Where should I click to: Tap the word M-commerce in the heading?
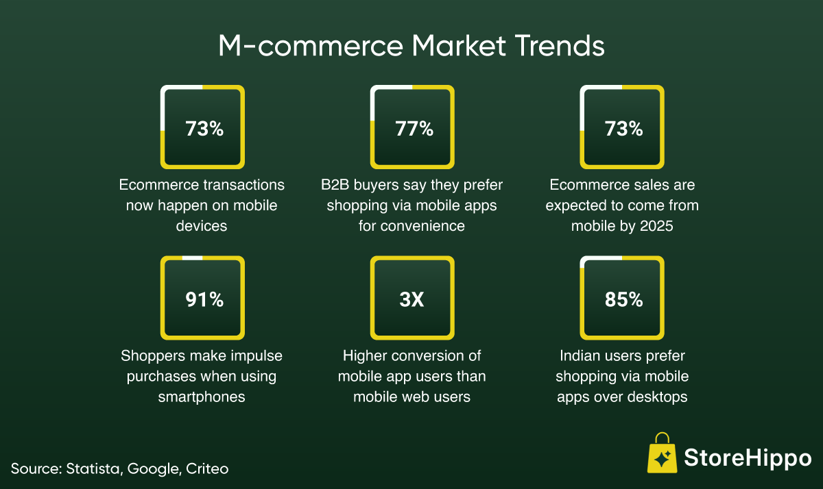point(311,46)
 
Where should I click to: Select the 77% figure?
point(414,129)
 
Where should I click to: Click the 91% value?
point(204,299)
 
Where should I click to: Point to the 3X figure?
point(412,299)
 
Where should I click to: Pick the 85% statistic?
point(624,299)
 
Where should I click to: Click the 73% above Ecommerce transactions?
point(204,129)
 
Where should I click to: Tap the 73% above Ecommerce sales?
point(624,129)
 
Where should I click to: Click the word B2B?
point(335,185)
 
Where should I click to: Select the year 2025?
point(656,226)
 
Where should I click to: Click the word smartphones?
point(202,397)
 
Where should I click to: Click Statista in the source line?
point(94,469)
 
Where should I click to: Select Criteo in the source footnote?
point(207,468)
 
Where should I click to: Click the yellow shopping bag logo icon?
point(662,453)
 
